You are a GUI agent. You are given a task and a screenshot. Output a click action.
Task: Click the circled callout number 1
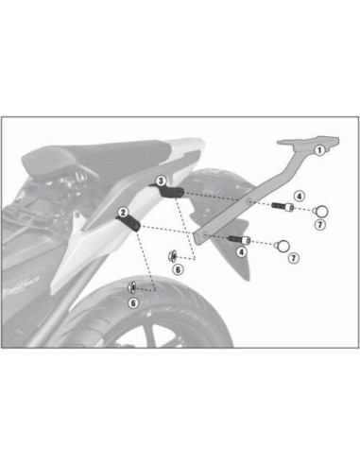[x=319, y=149]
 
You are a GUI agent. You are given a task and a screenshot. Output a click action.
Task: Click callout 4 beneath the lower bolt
[x=242, y=251]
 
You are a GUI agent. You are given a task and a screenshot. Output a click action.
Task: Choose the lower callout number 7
[x=294, y=257]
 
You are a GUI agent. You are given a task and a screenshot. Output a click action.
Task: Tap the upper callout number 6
[x=177, y=268]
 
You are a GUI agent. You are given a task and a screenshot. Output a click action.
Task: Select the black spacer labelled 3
[x=172, y=193]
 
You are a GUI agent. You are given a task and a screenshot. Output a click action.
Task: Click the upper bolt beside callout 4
[x=282, y=207]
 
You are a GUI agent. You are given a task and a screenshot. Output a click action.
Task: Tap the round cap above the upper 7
[x=319, y=209]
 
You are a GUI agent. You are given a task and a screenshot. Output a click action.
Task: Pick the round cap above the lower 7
[x=281, y=246]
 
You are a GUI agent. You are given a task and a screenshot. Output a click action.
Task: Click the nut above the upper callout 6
[x=173, y=255]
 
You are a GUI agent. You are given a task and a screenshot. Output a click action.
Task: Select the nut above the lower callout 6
[x=131, y=286]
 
